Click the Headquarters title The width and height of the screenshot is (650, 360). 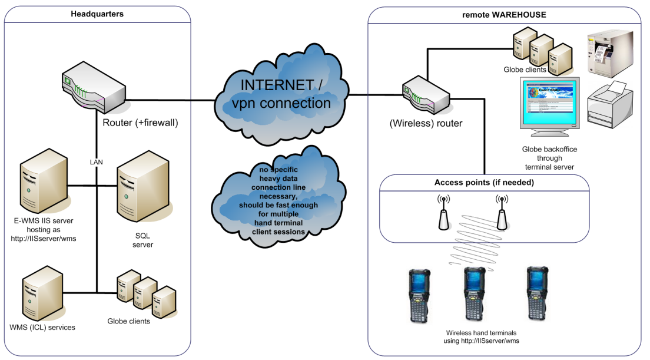[x=97, y=14]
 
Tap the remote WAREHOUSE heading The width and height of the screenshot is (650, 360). [x=504, y=14]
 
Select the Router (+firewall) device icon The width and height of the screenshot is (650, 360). [x=94, y=90]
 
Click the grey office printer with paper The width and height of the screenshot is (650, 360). [x=609, y=105]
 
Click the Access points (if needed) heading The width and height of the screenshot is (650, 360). [x=484, y=183]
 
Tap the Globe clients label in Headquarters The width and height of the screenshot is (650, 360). [x=128, y=321]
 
